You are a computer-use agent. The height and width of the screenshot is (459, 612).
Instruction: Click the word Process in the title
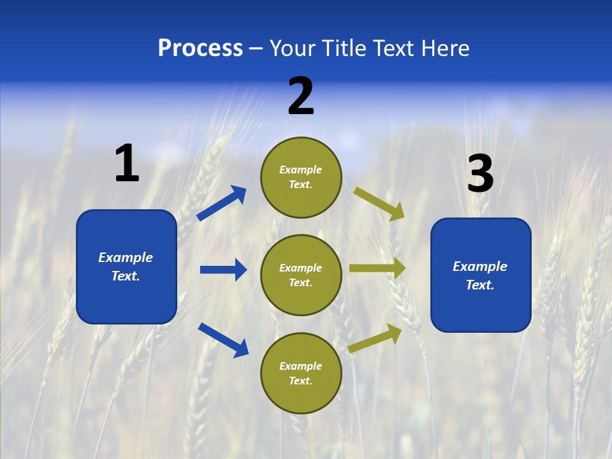coord(200,48)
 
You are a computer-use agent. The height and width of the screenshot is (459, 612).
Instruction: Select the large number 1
coord(127,163)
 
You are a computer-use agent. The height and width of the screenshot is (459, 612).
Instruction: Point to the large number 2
coord(301,96)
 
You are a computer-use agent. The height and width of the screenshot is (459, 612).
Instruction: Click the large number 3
coord(480,174)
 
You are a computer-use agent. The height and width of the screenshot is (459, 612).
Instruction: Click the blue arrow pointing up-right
coord(222,203)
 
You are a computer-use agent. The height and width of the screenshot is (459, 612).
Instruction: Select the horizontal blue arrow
coord(223,270)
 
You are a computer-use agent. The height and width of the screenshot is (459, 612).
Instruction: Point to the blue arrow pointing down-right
coord(223,339)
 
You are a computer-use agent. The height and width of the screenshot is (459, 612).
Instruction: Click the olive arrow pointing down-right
coord(379,203)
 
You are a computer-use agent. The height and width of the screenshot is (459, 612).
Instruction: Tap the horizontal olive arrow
coord(377,268)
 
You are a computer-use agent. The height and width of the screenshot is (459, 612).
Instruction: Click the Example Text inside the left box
coord(126,266)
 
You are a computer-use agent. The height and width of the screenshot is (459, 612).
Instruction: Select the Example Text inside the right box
coord(480,275)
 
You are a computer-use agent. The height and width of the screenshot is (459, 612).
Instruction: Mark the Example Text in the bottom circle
coord(300,374)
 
